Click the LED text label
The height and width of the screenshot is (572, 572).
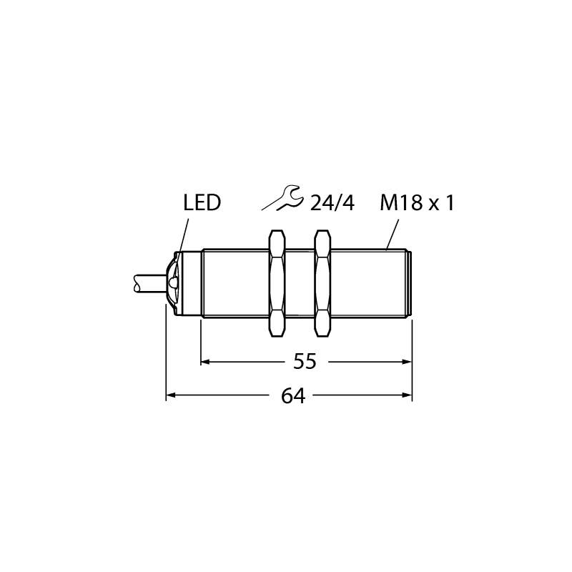[x=202, y=203]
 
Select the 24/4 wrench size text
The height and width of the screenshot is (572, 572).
[x=332, y=203]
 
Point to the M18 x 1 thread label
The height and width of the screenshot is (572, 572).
[x=417, y=203]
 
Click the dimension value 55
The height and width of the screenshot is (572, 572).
[x=305, y=362]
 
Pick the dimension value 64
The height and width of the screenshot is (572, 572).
[x=293, y=396]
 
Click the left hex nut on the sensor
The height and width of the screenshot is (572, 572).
[x=277, y=282]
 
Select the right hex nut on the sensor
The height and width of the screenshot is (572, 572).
[x=323, y=282]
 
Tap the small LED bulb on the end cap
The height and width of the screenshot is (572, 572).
[x=173, y=282]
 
